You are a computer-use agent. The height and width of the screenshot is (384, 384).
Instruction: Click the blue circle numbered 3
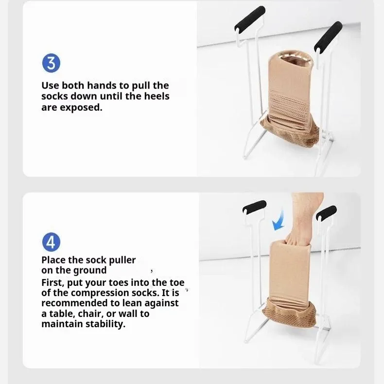[x=52, y=64]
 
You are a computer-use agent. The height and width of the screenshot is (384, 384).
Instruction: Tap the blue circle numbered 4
[x=52, y=242]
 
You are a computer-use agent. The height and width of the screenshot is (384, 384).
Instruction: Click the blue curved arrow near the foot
[x=279, y=219]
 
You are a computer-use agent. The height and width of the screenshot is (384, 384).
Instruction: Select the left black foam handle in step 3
[x=250, y=18]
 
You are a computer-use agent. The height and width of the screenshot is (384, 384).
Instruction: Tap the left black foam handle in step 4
[x=254, y=206]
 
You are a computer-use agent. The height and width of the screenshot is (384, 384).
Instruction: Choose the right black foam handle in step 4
[x=326, y=213]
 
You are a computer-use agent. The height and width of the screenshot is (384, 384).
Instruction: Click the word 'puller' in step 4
[x=121, y=260]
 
